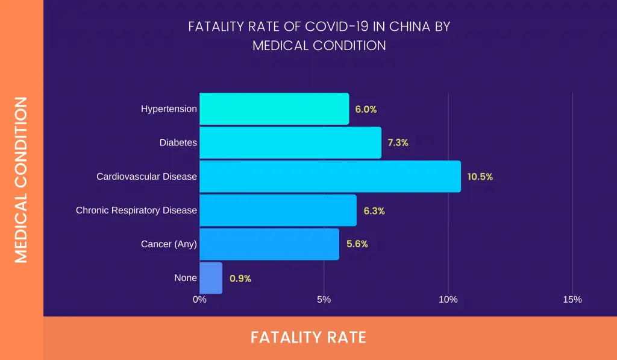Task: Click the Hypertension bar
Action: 274,109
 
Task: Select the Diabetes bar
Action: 290,143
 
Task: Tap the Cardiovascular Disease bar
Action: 330,177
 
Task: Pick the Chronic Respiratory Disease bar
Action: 278,210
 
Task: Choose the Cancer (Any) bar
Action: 269,244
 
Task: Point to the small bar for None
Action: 211,278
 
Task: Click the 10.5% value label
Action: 480,177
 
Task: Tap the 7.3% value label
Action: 398,143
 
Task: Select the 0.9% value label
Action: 240,279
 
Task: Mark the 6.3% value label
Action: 374,211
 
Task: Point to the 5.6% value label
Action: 357,244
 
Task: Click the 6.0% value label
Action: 366,109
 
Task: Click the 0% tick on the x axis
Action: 199,300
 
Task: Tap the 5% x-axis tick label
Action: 324,300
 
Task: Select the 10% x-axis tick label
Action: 448,300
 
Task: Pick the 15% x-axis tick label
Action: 572,300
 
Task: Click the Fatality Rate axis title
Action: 308,337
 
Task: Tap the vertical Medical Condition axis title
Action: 21,180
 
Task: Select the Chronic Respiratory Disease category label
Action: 136,210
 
